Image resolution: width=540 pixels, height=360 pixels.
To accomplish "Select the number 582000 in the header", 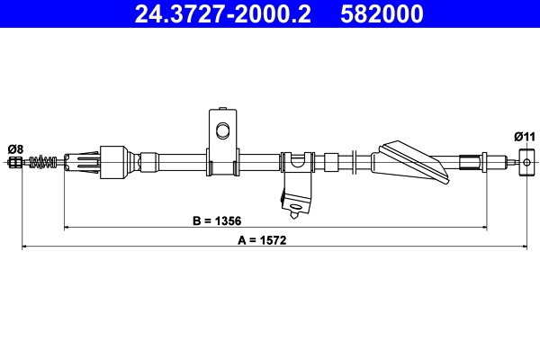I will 382,13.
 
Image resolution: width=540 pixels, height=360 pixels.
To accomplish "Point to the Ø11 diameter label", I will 525,136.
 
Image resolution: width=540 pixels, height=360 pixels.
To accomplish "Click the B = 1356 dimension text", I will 216,220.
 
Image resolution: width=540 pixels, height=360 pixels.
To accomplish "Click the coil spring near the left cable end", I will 43,163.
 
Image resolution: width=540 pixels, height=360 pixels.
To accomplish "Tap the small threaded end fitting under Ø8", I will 15,163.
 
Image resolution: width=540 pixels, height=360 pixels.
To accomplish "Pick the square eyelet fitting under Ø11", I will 526,163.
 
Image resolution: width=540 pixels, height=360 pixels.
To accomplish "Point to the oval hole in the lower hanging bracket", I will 294,212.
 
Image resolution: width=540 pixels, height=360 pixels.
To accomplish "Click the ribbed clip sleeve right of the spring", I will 82,163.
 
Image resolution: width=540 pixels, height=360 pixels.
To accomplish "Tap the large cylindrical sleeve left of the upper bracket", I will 115,163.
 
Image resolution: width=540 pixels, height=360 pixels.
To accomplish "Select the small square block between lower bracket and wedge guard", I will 330,162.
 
